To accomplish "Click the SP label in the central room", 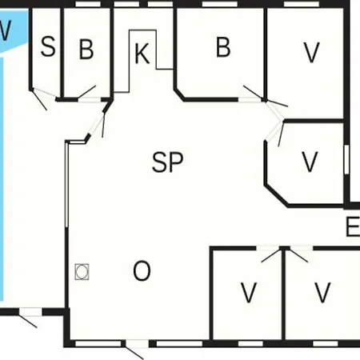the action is (167, 162).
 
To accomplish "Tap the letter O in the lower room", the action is (142, 270).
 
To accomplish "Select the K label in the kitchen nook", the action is (142, 54).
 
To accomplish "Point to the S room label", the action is (48, 46).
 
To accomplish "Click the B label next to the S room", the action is (86, 49).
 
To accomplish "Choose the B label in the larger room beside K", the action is (223, 47).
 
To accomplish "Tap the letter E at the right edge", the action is (353, 226).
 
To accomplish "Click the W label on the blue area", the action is (6, 30).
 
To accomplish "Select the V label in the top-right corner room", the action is (311, 52).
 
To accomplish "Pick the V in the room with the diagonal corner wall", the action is (310, 162).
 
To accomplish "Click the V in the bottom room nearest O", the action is (249, 292).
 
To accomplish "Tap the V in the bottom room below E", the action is (322, 292).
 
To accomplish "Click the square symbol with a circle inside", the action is (82, 272).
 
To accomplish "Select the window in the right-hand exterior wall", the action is (346, 159).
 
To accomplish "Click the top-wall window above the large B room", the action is (219, 4).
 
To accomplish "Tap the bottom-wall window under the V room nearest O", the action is (250, 343).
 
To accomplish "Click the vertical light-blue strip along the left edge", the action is (2, 179).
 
